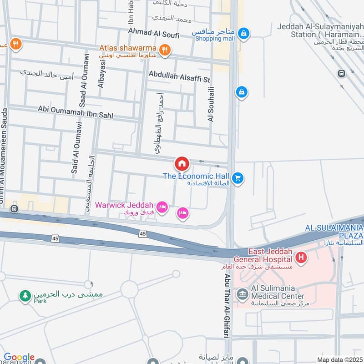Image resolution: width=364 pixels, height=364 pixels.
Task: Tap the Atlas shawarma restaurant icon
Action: pos(165,50)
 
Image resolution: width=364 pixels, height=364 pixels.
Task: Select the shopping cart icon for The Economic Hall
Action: pos(237,178)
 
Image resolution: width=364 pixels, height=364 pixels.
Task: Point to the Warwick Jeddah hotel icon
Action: pos(163,207)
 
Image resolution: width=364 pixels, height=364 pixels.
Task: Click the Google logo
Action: pos(19,357)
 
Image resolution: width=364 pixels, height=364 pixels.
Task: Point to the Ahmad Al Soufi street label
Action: pos(154,32)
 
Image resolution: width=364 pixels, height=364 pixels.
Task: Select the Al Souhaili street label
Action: pos(211,108)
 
